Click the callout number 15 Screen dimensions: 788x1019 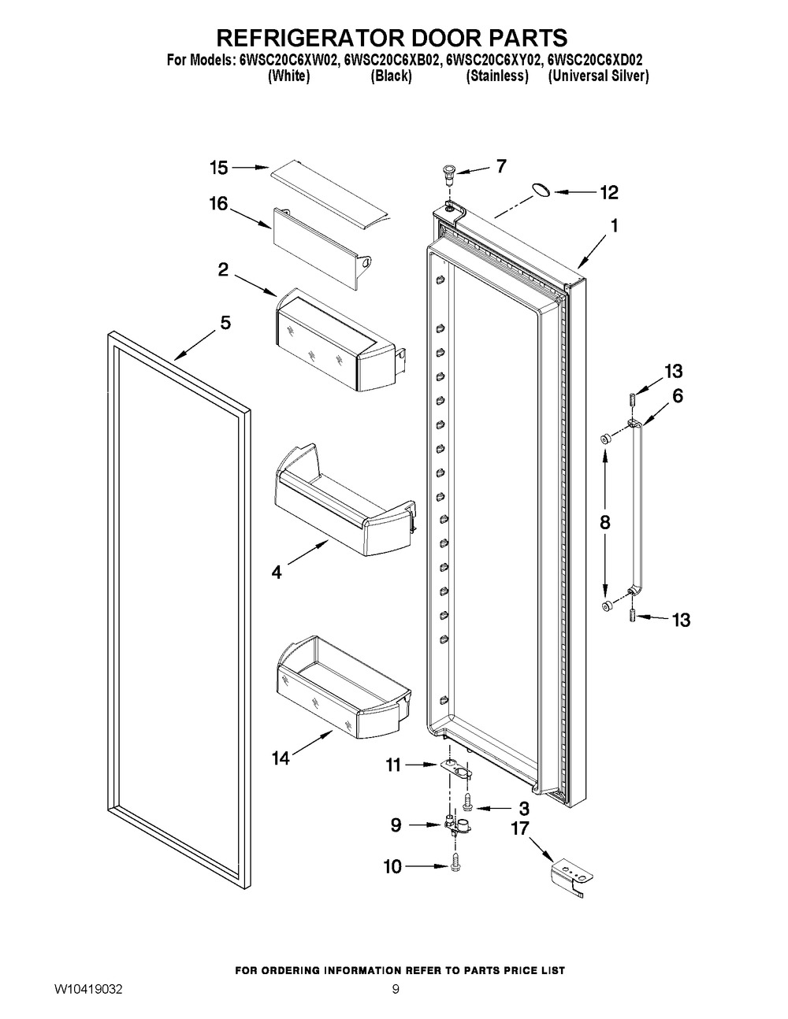coord(219,168)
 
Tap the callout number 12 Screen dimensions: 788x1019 coord(609,192)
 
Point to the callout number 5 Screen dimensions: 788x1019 coord(225,323)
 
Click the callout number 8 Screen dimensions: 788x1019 coord(605,522)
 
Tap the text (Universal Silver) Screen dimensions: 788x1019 coord(599,76)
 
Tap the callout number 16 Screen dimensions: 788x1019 coord(218,203)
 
